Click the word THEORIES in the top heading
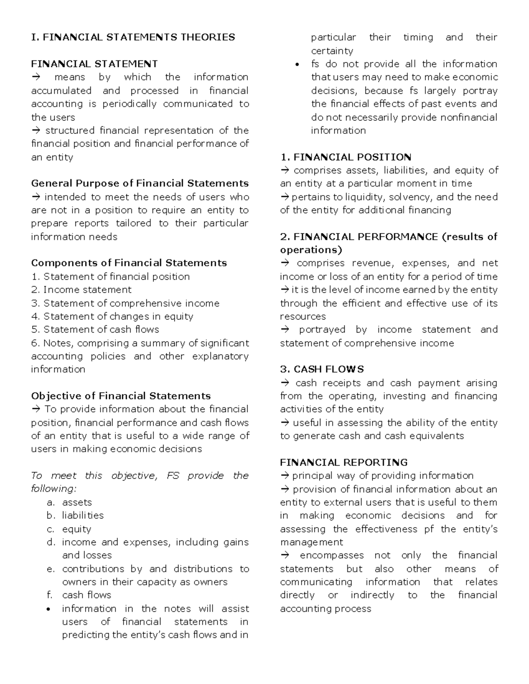click(x=208, y=37)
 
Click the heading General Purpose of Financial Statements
click(x=140, y=183)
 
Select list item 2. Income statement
click(x=81, y=290)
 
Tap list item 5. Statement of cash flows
click(x=95, y=329)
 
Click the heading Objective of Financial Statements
click(x=121, y=396)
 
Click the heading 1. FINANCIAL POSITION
click(x=346, y=157)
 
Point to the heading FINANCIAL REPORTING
click(x=344, y=462)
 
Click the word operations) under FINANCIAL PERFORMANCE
click(x=311, y=250)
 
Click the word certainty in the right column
click(x=332, y=51)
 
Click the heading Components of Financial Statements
click(x=129, y=263)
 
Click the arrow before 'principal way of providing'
click(x=284, y=476)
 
